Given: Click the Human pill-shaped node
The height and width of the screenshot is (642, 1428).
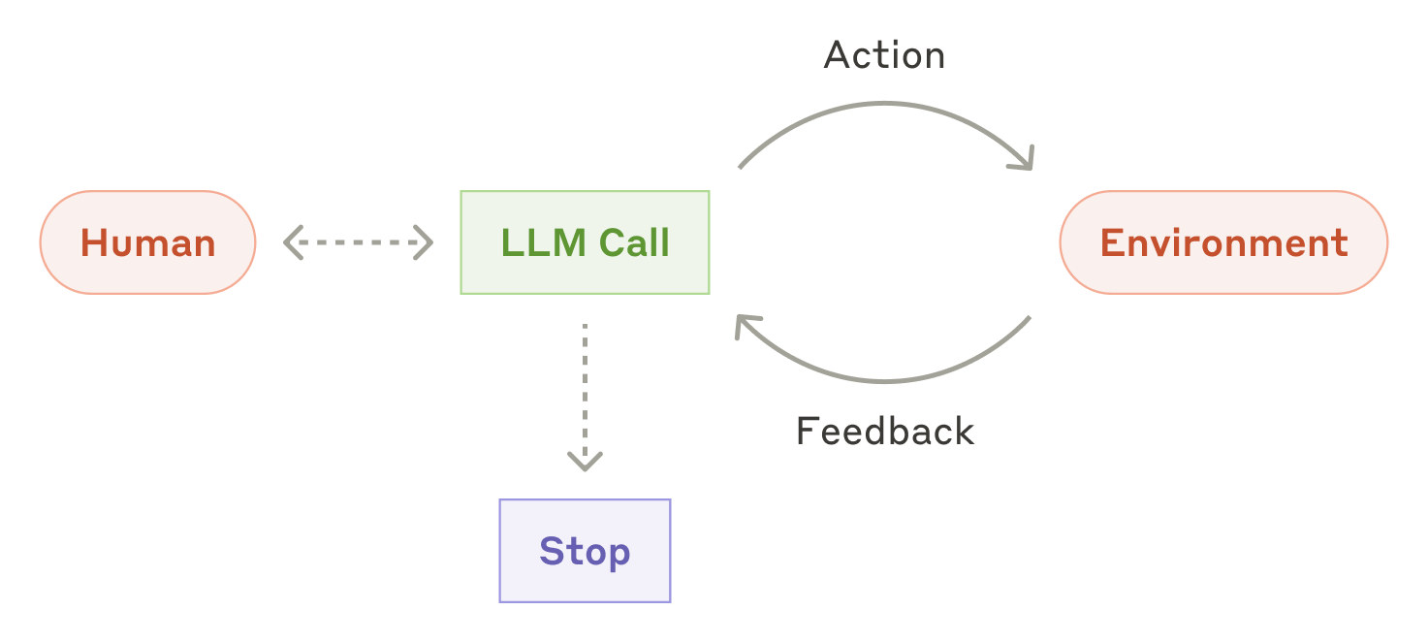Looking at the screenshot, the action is click(x=148, y=242).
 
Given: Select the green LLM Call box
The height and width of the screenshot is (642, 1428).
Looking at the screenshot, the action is click(x=585, y=242).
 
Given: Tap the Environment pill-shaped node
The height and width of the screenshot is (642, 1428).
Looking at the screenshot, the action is click(x=1223, y=242).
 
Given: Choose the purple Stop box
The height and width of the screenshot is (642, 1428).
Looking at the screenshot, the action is click(x=585, y=551).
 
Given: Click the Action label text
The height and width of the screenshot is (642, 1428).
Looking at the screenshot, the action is click(x=884, y=55).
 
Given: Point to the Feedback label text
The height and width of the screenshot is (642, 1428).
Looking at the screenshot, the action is click(x=885, y=431).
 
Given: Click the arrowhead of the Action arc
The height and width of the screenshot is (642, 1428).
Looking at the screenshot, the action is click(x=1024, y=161).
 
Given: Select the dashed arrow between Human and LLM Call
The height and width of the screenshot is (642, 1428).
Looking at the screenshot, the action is click(x=359, y=242).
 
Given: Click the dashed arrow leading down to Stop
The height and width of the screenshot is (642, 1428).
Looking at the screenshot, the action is click(x=585, y=397).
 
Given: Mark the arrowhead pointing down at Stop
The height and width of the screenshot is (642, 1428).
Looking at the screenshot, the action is click(x=585, y=462).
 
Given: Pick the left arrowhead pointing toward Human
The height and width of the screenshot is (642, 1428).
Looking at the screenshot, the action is click(x=293, y=242).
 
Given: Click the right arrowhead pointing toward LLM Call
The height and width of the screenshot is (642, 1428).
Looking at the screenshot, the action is click(x=425, y=242).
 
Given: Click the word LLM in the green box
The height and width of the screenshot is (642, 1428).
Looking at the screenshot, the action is click(x=543, y=242).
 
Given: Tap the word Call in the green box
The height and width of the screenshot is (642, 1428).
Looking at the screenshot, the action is click(x=634, y=242).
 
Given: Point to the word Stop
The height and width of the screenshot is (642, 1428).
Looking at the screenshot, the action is click(x=585, y=552).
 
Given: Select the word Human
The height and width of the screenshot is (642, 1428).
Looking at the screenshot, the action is click(x=148, y=243).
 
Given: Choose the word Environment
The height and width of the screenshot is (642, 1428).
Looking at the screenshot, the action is click(x=1224, y=242).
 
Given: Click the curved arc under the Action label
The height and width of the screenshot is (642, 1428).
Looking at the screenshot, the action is click(x=884, y=103).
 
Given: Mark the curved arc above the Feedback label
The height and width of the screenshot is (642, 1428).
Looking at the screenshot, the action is click(x=884, y=381).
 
